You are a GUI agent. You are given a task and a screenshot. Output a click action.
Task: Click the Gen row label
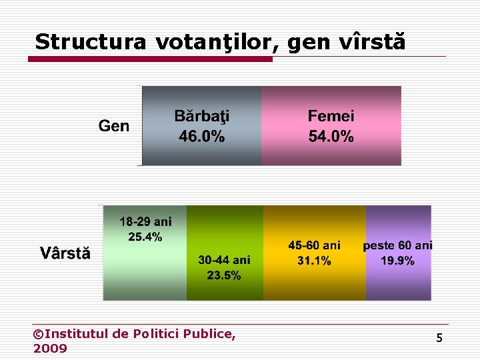tap(114, 126)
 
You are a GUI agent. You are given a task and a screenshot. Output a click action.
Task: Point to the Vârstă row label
tap(65, 253)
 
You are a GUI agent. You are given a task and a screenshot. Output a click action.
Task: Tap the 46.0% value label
tap(201, 137)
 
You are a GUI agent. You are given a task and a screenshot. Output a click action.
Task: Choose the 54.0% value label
tap(331, 137)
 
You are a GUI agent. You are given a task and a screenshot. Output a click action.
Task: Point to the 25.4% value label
tap(145, 237)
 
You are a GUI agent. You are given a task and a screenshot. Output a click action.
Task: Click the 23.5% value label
tap(224, 275)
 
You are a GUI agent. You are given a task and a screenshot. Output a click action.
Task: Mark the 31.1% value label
tap(314, 261)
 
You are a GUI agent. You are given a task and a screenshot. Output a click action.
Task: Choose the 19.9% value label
tap(397, 261)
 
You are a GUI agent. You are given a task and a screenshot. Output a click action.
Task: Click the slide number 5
tap(439, 339)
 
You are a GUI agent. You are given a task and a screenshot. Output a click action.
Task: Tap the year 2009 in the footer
tap(50, 349)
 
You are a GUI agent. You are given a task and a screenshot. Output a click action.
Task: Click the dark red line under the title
tap(150, 59)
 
